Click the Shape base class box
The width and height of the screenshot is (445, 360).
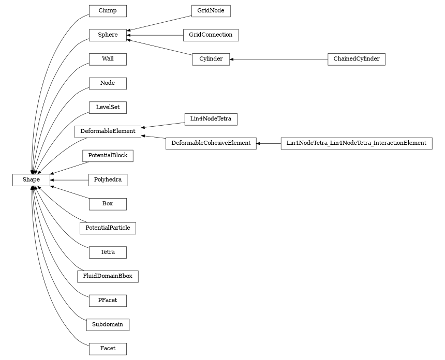[x=31, y=179]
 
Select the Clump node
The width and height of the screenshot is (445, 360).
[x=108, y=11]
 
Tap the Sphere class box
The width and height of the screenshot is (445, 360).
[x=108, y=35]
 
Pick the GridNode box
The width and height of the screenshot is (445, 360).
[x=211, y=11]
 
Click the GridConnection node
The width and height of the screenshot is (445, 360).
[x=211, y=35]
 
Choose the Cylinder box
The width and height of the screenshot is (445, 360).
[x=211, y=59]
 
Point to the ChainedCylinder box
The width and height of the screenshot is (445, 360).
[x=356, y=59]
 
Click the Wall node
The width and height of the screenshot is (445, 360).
[x=108, y=59]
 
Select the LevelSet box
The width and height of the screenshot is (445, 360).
[x=108, y=108]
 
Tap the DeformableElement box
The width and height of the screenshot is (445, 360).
[x=108, y=131]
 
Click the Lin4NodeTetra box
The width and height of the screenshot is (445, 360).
[x=211, y=119]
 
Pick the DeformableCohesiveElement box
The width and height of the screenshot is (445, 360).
[x=211, y=143]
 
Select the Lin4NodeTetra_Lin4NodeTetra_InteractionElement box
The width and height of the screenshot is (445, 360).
[x=356, y=143]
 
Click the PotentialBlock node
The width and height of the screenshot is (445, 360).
[x=108, y=156]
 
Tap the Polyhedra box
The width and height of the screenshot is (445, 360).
[x=108, y=180]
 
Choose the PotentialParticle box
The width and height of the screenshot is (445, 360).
[x=108, y=228]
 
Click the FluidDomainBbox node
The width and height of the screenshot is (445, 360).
[x=108, y=276]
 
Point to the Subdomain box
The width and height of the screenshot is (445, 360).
[x=108, y=325]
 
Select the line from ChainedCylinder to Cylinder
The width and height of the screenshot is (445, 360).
[x=279, y=59]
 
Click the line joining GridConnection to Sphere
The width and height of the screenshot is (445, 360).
[x=155, y=35]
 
